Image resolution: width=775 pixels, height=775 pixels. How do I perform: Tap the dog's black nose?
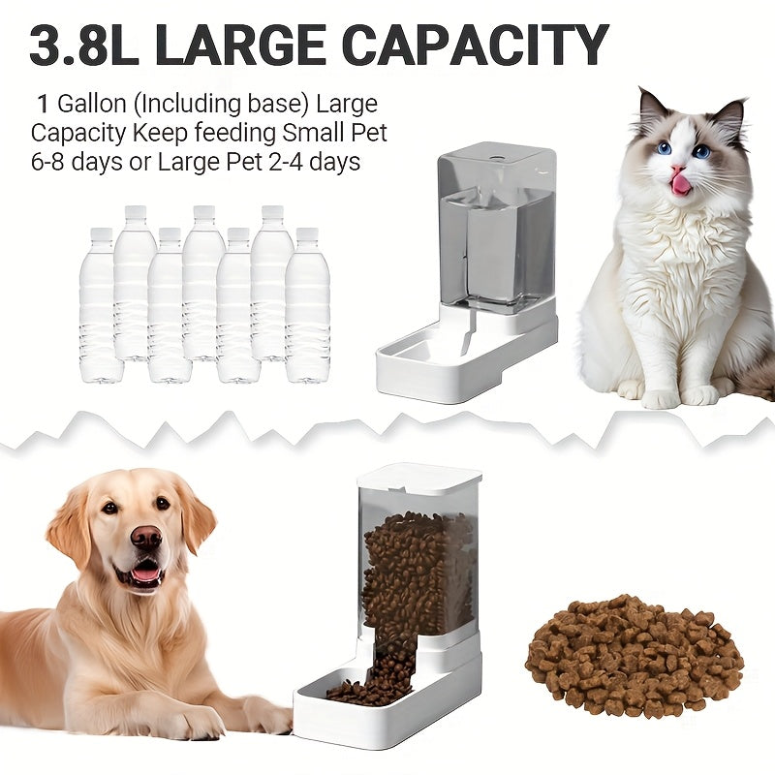(146, 537)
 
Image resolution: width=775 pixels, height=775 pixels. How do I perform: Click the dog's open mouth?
(145, 573)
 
